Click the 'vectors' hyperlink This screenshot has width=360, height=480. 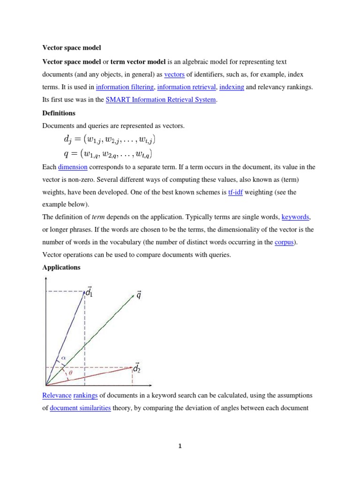[174, 75]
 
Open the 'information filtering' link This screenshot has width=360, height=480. [125, 87]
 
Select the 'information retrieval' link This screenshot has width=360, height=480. [187, 87]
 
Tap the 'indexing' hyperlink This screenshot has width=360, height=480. [231, 87]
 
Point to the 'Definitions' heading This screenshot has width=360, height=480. [59, 113]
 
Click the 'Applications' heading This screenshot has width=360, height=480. [61, 268]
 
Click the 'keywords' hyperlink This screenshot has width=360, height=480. [295, 217]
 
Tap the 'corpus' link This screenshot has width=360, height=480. [284, 242]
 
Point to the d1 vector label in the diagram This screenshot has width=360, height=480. [89, 292]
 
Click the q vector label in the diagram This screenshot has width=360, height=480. [139, 295]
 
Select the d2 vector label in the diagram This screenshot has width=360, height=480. [136, 368]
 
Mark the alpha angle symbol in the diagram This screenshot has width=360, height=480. [64, 358]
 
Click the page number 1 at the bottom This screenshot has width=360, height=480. [180, 446]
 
